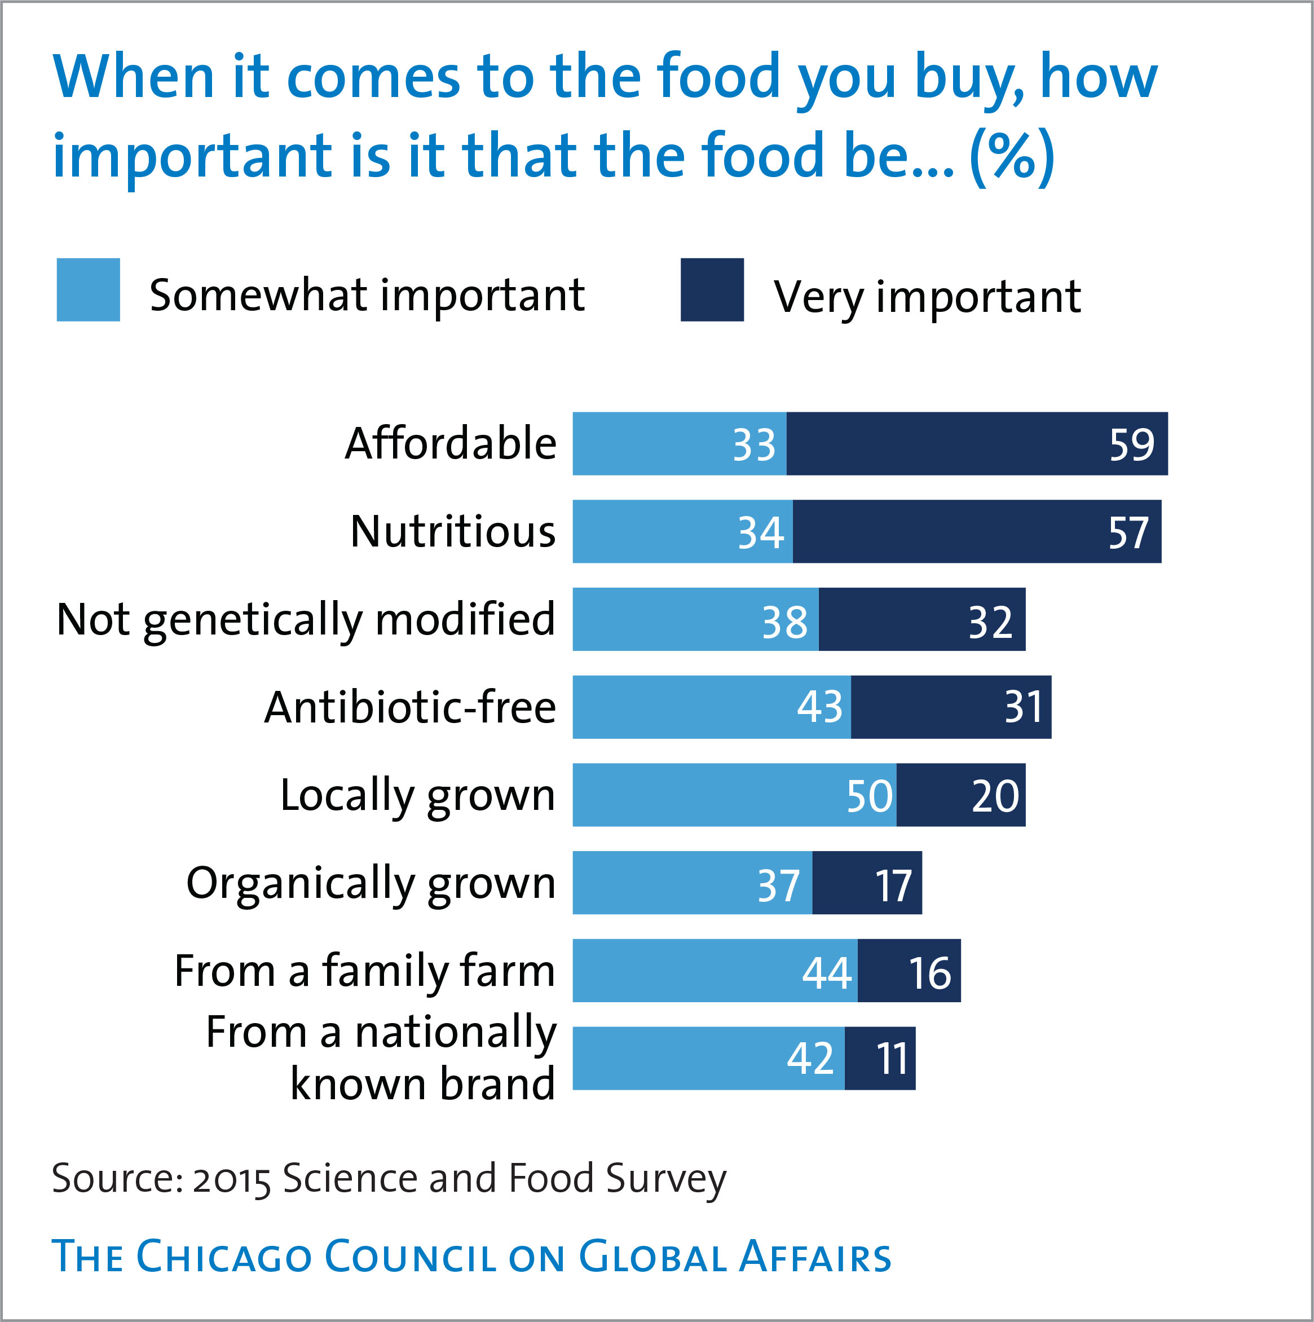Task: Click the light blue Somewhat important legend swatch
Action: click(89, 289)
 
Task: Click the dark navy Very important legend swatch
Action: click(712, 289)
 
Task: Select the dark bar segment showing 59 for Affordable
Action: click(977, 443)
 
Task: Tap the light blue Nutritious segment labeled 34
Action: click(682, 532)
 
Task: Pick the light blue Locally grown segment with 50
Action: click(734, 795)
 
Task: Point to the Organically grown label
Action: click(371, 883)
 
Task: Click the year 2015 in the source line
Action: click(231, 1178)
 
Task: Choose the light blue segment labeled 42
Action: click(708, 1059)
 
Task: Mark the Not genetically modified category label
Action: click(305, 620)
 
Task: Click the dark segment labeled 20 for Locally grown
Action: click(961, 795)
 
